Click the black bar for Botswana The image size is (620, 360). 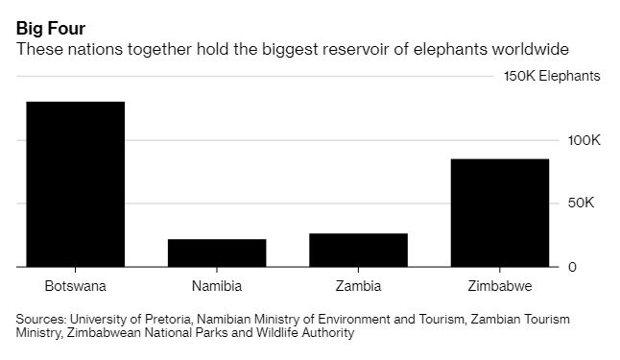pyautogui.click(x=75, y=183)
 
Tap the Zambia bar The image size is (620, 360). pyautogui.click(x=358, y=250)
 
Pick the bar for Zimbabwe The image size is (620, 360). pyautogui.click(x=500, y=212)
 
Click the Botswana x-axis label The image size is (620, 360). pyautogui.click(x=75, y=286)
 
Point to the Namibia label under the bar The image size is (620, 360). pyautogui.click(x=217, y=286)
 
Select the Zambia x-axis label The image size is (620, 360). pyautogui.click(x=358, y=286)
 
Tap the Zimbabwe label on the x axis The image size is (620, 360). pyautogui.click(x=500, y=286)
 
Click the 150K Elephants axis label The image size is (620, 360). pyautogui.click(x=552, y=76)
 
